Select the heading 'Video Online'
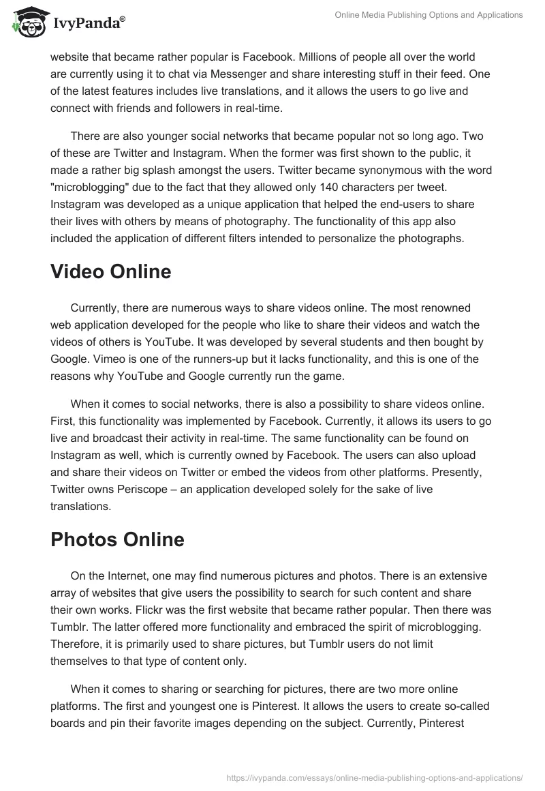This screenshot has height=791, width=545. point(111,271)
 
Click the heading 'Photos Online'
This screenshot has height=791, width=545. point(117,539)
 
